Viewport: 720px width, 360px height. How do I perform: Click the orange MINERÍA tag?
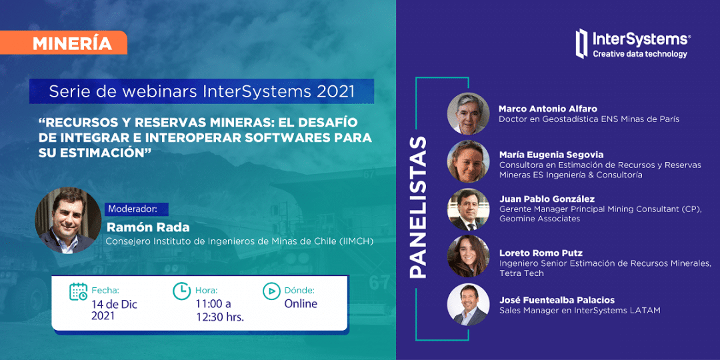(63, 43)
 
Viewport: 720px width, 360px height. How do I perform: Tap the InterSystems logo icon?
(582, 43)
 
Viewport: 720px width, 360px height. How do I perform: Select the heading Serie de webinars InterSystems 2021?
(201, 91)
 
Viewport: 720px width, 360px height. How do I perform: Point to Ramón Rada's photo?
(68, 221)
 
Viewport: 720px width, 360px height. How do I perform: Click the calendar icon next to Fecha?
(78, 291)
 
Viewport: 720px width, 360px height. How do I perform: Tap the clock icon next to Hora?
(181, 291)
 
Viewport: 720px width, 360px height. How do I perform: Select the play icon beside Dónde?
(271, 291)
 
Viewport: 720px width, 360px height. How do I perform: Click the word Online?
(301, 303)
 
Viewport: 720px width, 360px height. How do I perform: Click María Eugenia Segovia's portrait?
(468, 161)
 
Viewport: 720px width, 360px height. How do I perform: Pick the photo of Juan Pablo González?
(468, 209)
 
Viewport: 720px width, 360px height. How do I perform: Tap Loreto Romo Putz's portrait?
(468, 257)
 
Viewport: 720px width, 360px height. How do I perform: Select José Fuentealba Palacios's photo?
(468, 305)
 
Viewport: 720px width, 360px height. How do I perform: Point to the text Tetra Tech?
(521, 273)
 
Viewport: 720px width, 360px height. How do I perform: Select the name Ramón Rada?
(148, 227)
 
